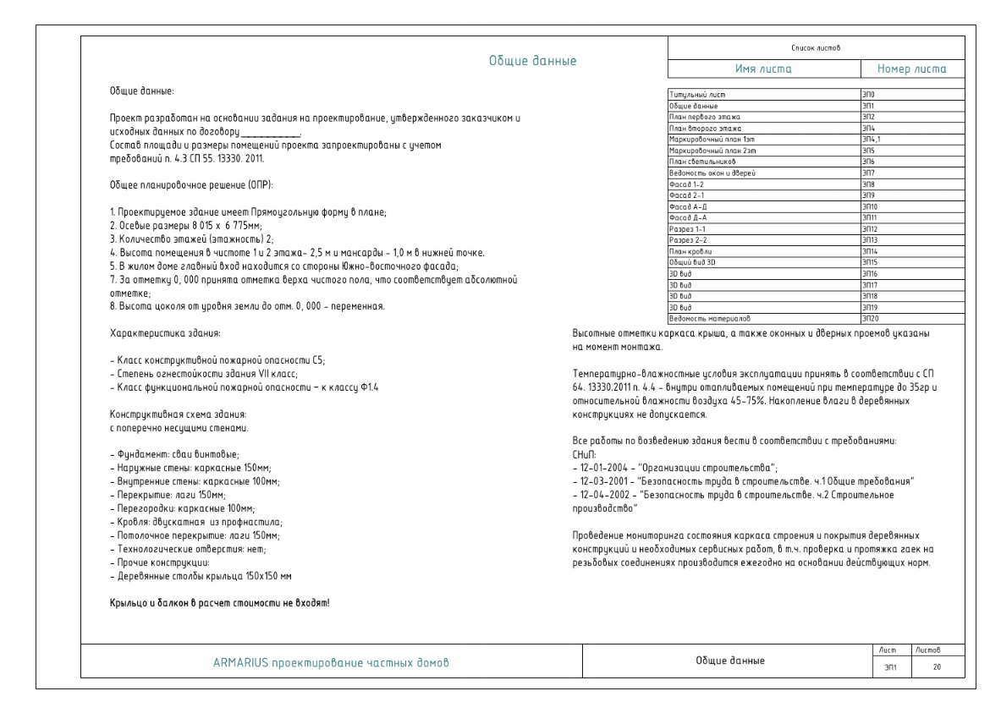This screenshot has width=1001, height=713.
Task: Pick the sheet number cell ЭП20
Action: tap(871, 318)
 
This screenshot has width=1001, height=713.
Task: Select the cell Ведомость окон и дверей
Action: tap(712, 172)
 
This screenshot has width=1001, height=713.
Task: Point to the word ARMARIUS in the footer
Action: tap(239, 662)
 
